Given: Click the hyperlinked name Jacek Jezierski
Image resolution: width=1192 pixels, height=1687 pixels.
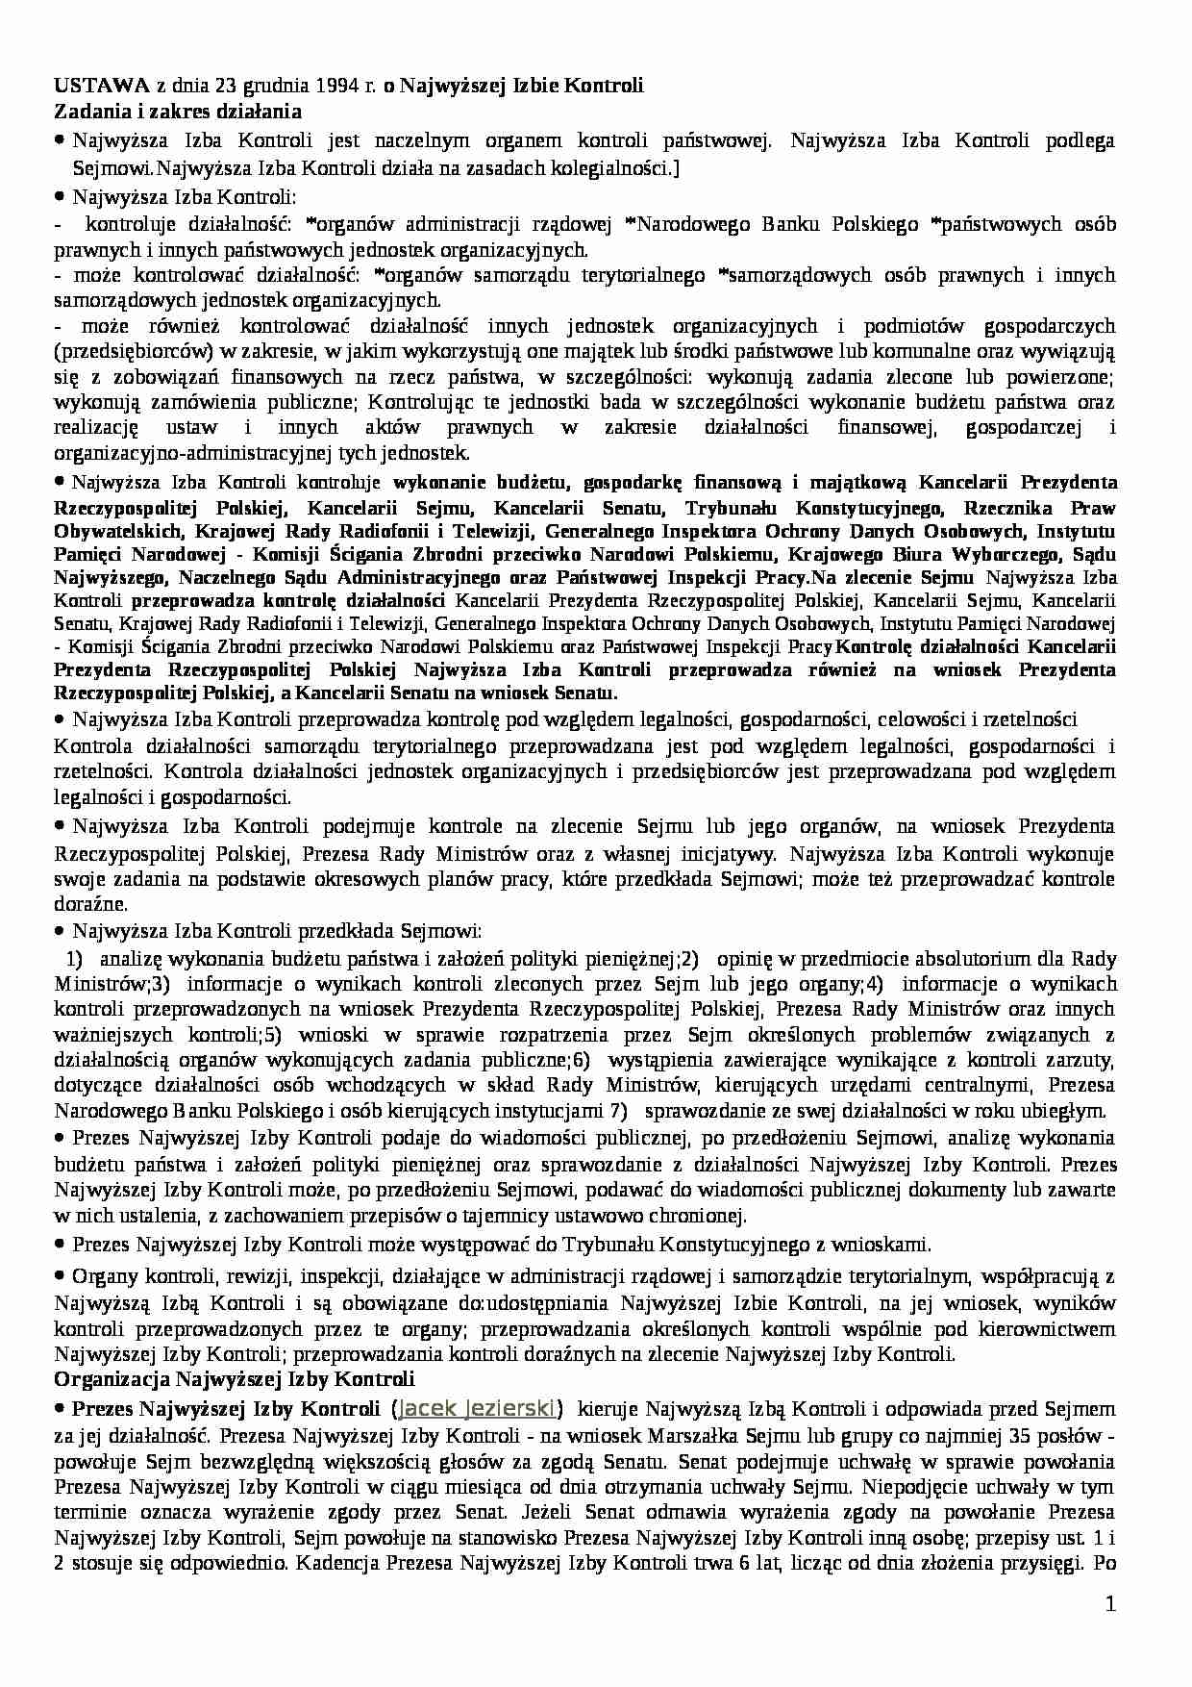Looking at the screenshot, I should pyautogui.click(x=477, y=1409).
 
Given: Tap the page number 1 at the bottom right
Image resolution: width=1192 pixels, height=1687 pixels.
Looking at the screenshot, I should pyautogui.click(x=1110, y=1603).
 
